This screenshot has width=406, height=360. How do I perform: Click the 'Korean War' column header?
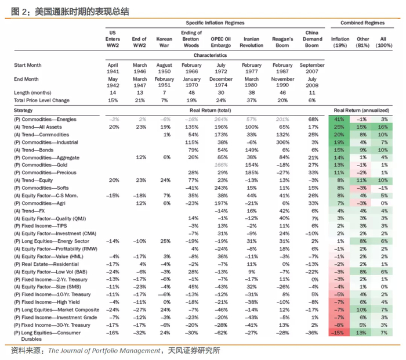tap(164, 42)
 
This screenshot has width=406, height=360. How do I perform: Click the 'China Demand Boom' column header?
tap(312, 38)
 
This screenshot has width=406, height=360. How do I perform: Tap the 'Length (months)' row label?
tap(33, 92)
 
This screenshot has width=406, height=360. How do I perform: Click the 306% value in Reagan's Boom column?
tap(284, 142)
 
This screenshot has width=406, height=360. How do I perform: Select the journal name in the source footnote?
tap(103, 351)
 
